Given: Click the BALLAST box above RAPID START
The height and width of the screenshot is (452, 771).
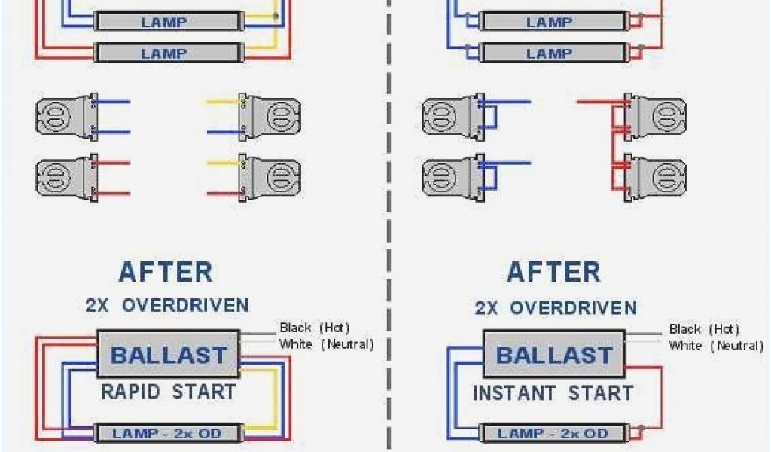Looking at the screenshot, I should tap(168, 354).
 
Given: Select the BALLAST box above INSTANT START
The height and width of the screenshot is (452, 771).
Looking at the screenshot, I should tap(554, 355).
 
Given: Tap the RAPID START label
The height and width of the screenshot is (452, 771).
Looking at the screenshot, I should tap(168, 392).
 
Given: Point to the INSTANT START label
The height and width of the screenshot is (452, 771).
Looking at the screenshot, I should tap(553, 392).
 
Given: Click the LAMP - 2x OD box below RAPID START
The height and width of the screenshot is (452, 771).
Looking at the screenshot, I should tap(168, 433).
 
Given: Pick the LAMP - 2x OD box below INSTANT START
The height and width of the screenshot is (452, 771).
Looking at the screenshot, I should tap(553, 434).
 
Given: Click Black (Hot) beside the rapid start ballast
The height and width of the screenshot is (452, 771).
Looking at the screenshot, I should tap(314, 328).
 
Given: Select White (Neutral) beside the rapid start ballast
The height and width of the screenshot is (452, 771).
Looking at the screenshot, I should tap(326, 344).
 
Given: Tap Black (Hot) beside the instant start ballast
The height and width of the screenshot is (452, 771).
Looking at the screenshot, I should tap(704, 329).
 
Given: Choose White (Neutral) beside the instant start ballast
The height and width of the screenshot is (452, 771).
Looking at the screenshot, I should tap(715, 346).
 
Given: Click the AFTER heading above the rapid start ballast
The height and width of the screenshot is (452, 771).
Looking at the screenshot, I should tap(166, 271).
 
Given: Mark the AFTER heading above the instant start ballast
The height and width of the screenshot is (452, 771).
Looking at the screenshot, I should tap(553, 271).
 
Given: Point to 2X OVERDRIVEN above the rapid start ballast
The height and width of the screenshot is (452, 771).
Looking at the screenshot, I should tap(166, 305).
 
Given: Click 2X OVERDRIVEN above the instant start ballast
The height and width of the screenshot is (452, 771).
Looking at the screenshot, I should tap(555, 307).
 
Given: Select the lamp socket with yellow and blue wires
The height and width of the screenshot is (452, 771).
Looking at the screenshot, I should tap(271, 117).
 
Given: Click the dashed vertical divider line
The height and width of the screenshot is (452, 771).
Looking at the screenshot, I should tap(389, 226).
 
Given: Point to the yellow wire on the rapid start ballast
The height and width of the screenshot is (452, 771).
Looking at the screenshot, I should tap(276, 399).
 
